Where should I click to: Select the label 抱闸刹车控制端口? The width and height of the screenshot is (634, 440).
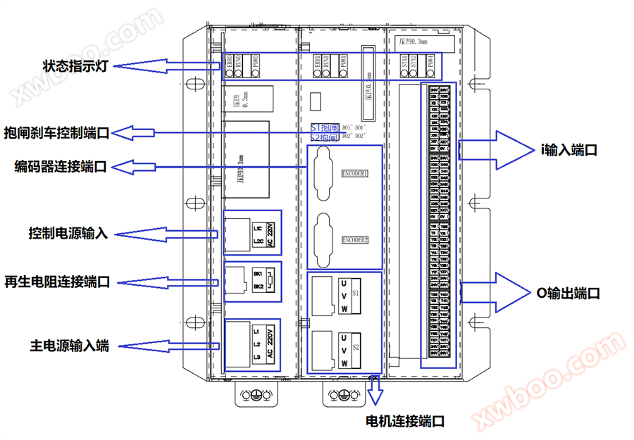pos(56,132)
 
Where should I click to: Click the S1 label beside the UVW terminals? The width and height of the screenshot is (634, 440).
pos(356,291)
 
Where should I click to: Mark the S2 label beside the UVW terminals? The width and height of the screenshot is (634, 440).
pos(356,347)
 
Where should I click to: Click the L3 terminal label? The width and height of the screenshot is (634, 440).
pos(256,358)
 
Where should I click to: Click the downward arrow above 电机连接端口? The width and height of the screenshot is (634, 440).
pos(374,389)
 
